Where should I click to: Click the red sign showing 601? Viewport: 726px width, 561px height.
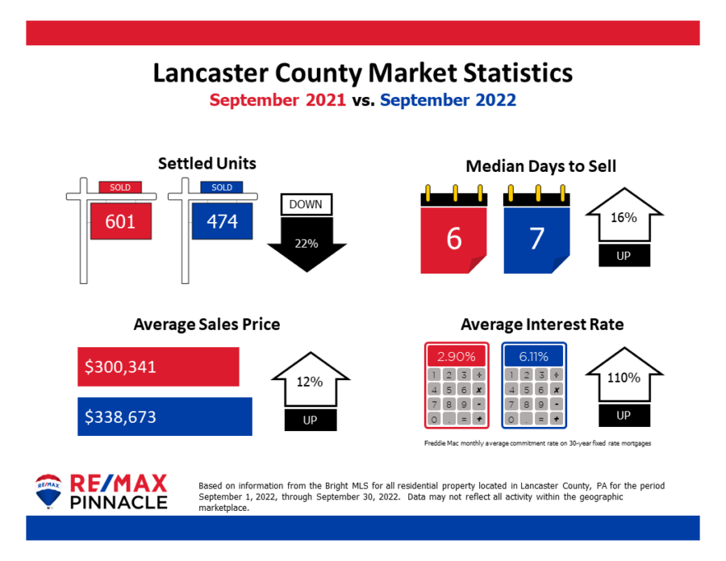pyautogui.click(x=121, y=220)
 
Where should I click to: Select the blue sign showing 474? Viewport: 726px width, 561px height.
pyautogui.click(x=222, y=220)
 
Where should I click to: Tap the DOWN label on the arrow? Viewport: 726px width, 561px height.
pyautogui.click(x=306, y=204)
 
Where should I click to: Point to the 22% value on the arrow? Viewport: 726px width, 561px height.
pyautogui.click(x=307, y=243)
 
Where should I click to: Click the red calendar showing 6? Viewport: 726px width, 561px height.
pyautogui.click(x=454, y=238)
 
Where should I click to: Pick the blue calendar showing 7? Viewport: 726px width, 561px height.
pyautogui.click(x=536, y=238)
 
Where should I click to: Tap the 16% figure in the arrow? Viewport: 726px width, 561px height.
pyautogui.click(x=624, y=217)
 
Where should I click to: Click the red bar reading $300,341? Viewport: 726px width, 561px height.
pyautogui.click(x=158, y=366)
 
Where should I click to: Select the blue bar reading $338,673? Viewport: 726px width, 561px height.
pyautogui.click(x=165, y=417)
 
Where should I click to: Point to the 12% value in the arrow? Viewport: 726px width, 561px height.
pyautogui.click(x=310, y=382)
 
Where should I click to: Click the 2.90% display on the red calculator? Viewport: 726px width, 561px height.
pyautogui.click(x=457, y=355)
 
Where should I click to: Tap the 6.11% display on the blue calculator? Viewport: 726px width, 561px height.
pyautogui.click(x=533, y=355)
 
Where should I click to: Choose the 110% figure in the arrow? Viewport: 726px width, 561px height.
pyautogui.click(x=624, y=377)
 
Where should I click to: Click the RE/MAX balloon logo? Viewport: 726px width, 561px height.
pyautogui.click(x=48, y=492)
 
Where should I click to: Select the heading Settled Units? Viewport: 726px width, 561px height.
pyautogui.click(x=207, y=163)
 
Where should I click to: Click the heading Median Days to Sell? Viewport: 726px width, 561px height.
pyautogui.click(x=541, y=166)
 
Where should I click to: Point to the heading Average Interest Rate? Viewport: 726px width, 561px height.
pyautogui.click(x=542, y=324)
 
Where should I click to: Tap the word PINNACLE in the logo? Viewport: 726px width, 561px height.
pyautogui.click(x=119, y=502)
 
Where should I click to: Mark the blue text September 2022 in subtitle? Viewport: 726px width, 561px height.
pyautogui.click(x=448, y=101)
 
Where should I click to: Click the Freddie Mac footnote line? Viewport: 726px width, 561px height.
pyautogui.click(x=537, y=443)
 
